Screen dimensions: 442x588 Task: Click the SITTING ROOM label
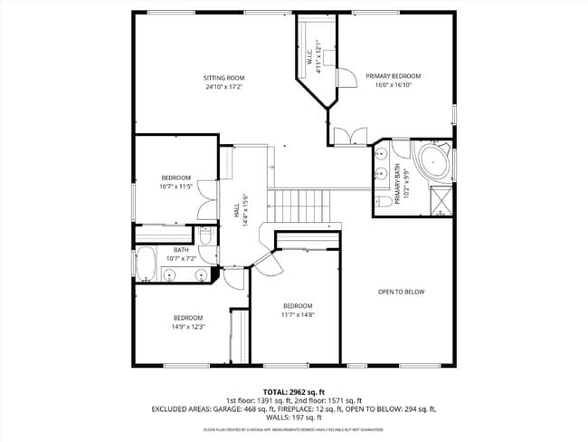(x=224, y=78)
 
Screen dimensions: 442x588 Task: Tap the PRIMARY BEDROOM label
(x=394, y=76)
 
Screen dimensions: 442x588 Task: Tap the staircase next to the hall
(x=301, y=206)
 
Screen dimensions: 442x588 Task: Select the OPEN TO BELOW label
(x=401, y=292)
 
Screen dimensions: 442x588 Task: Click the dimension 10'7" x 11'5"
(x=175, y=187)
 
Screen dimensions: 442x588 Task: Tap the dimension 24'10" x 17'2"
(x=224, y=88)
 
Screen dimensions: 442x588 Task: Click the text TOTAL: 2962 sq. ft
(x=293, y=390)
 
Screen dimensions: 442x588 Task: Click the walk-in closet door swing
(x=345, y=78)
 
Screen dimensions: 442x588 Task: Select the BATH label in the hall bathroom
(x=181, y=250)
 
